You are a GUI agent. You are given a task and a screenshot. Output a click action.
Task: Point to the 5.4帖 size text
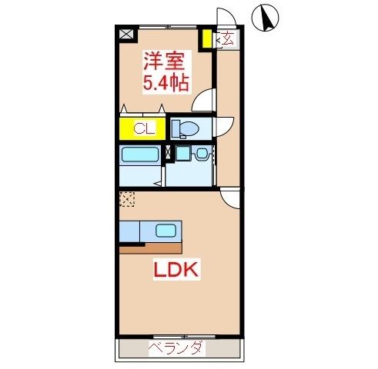pos(165,81)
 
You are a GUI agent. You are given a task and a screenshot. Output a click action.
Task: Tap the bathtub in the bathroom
pos(139,155)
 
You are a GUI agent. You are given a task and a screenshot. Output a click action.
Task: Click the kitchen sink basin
pos(166,230)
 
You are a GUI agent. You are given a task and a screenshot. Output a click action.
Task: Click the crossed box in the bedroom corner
pos(125,34)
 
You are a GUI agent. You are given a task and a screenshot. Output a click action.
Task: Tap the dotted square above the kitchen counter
pos(125,198)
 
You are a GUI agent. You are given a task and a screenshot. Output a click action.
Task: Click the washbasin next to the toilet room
pos(202,154)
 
